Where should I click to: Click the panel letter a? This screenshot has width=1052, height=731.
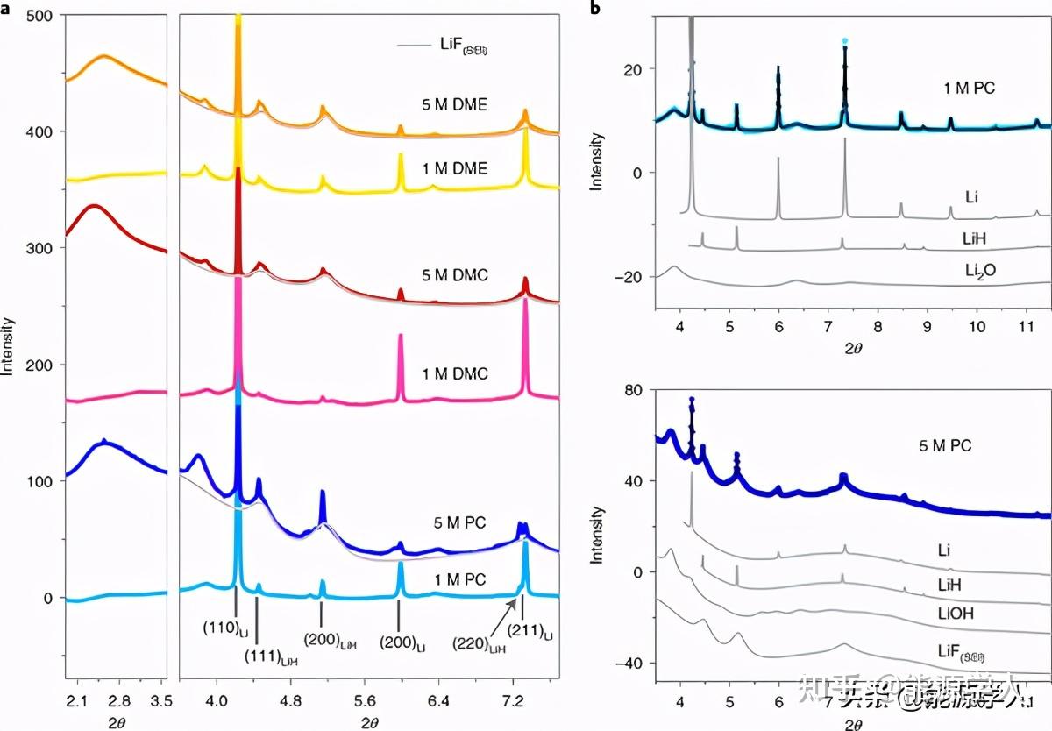click(x=6, y=8)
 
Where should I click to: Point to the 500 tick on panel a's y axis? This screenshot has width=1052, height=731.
click(x=40, y=15)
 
